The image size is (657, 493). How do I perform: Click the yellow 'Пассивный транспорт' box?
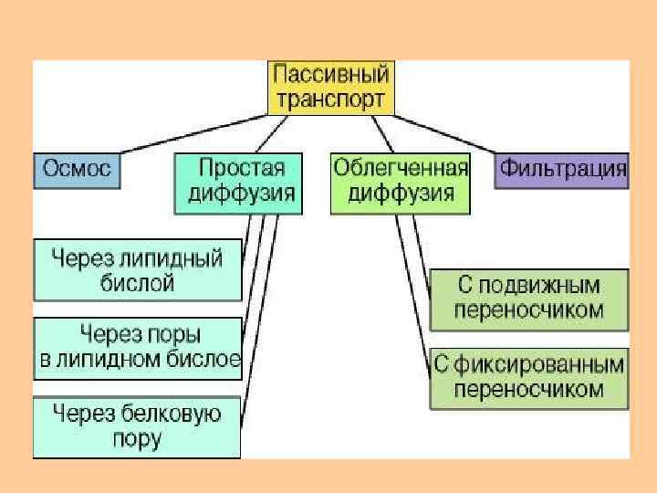[x=331, y=88]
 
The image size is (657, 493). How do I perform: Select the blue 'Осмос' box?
[x=77, y=170]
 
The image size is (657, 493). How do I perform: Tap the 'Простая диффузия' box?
[x=238, y=182]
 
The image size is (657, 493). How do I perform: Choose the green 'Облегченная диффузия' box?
[x=400, y=182]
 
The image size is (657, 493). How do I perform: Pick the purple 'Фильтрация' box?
[x=562, y=170]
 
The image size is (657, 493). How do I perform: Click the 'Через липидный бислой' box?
[x=138, y=270]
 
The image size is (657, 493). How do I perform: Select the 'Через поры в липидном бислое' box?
[x=138, y=347]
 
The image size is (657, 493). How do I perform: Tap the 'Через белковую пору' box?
[x=137, y=426]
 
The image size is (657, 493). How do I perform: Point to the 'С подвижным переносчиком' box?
[x=529, y=298]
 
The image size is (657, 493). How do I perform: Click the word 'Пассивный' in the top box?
[x=331, y=74]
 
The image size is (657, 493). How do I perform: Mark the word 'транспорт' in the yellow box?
[x=331, y=100]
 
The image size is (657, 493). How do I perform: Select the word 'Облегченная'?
[x=401, y=169]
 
